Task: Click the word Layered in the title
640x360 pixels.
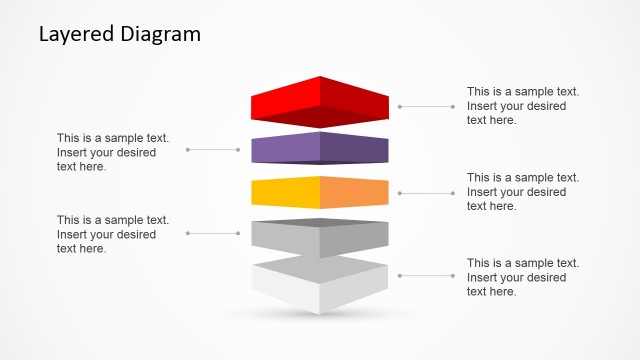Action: tap(71, 34)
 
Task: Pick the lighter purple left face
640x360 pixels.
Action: tap(285, 150)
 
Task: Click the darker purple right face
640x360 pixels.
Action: tap(355, 150)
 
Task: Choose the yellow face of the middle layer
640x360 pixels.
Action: tap(285, 192)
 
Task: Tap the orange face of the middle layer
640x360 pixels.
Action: tap(355, 192)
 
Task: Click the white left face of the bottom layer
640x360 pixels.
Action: tap(285, 286)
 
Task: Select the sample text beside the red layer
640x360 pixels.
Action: tap(522, 106)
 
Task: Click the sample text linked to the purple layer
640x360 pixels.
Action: tap(112, 152)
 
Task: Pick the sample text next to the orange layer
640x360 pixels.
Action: tap(522, 192)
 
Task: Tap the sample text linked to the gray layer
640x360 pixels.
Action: tap(112, 234)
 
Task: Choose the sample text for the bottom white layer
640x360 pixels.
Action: tap(522, 277)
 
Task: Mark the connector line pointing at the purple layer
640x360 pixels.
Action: tap(213, 150)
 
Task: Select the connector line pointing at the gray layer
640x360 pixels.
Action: tap(213, 233)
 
